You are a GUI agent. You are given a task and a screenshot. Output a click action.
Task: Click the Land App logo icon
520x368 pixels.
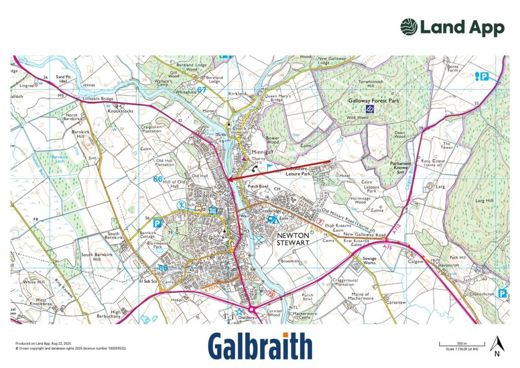[x=409, y=27]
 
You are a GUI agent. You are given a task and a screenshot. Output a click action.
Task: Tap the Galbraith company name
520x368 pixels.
[x=260, y=347]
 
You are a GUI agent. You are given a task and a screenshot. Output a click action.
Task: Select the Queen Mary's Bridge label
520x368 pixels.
[x=278, y=98]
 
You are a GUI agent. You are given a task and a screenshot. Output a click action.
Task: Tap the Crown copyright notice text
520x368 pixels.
[x=71, y=348]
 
